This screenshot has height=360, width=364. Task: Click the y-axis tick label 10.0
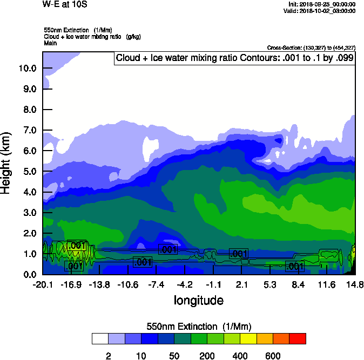(x=27, y=68)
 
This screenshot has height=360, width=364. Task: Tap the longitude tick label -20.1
(x=42, y=284)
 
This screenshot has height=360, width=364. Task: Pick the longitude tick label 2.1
(x=242, y=284)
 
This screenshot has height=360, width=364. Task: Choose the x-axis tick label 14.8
(x=355, y=284)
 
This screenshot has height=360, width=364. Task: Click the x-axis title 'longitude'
(x=198, y=300)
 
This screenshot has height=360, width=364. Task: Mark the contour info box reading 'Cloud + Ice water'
(x=234, y=58)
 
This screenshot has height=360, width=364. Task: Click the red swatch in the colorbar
(x=298, y=339)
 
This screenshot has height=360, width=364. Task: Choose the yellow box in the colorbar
(x=248, y=339)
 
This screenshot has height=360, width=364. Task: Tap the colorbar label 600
(x=273, y=356)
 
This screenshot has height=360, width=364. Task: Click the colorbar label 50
(x=174, y=356)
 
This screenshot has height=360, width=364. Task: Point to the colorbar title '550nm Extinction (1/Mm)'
(x=199, y=327)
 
